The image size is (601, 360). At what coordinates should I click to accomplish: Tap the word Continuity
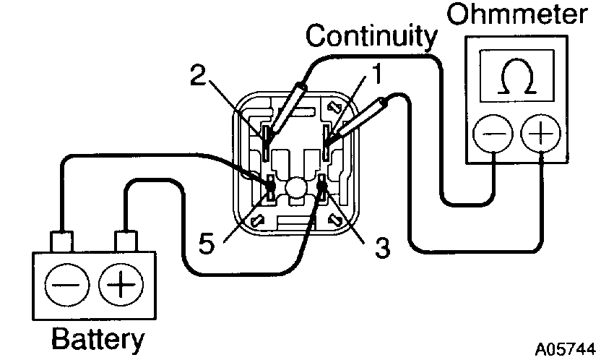(x=371, y=35)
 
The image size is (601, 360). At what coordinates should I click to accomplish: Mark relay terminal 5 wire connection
(x=269, y=190)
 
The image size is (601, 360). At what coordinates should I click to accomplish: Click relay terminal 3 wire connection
(x=321, y=190)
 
